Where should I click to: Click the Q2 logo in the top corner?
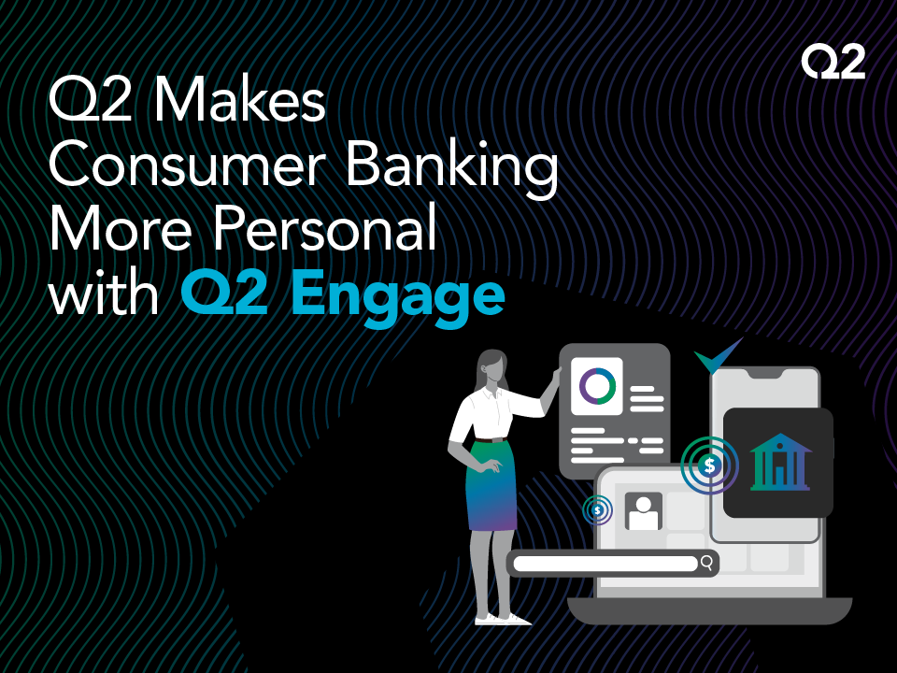tap(833, 63)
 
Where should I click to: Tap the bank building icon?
tap(780, 462)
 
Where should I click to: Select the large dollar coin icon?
tap(711, 465)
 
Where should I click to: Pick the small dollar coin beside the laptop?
tap(597, 510)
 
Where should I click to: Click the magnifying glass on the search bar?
tap(707, 563)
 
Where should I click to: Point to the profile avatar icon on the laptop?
tap(643, 511)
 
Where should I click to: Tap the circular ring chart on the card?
tap(598, 383)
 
